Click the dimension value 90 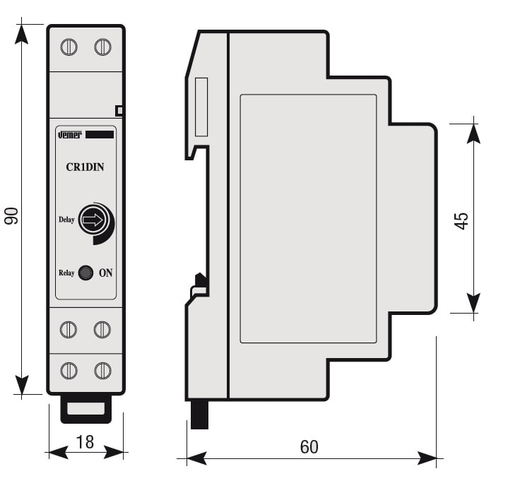click(12, 215)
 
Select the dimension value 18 click(85, 442)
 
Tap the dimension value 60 click(309, 446)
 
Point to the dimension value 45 click(461, 220)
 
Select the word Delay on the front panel click(66, 220)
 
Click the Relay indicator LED click(85, 273)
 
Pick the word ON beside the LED click(105, 273)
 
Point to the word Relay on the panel click(66, 273)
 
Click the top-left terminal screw click(69, 47)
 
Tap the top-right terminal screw click(102, 47)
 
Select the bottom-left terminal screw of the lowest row click(69, 369)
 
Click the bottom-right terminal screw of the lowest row click(102, 369)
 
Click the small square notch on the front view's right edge click(119, 110)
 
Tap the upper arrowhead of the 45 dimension click(473, 133)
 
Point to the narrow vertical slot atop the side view click(201, 107)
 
